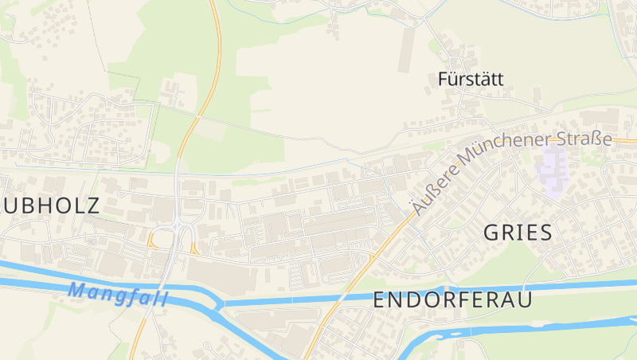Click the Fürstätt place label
pos(471,80)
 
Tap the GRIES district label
pos(518,233)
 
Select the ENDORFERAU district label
pos(451,301)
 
